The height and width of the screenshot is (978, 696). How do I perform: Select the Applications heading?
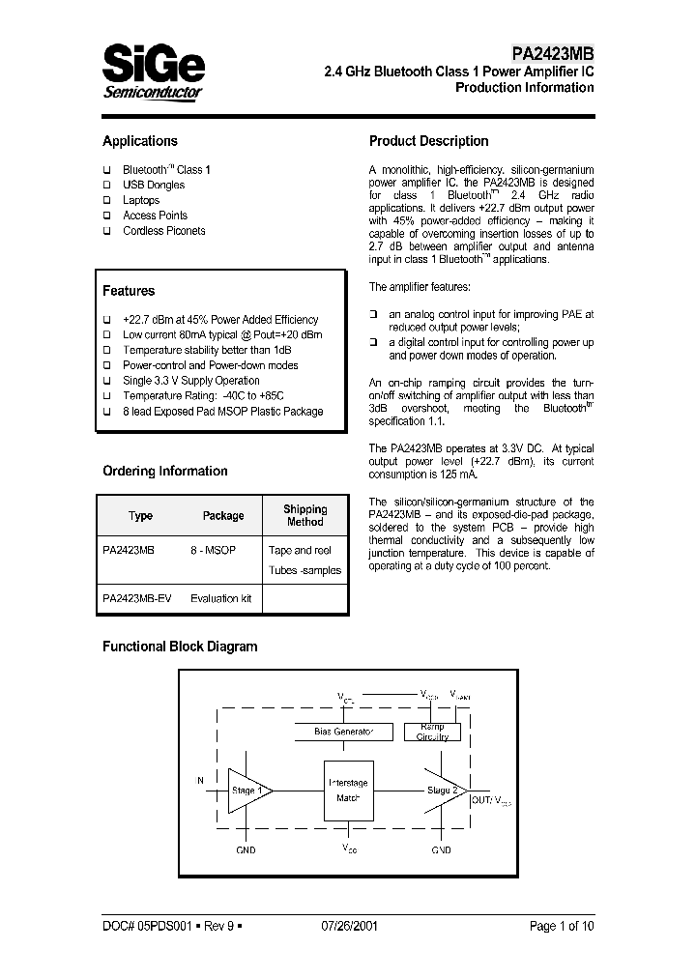pyautogui.click(x=140, y=141)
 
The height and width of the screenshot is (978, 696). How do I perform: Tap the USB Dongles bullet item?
pyautogui.click(x=155, y=185)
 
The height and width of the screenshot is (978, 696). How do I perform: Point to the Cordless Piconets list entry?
pyautogui.click(x=163, y=231)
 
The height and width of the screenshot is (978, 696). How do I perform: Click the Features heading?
pyautogui.click(x=129, y=291)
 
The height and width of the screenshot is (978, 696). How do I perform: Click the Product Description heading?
pyautogui.click(x=429, y=141)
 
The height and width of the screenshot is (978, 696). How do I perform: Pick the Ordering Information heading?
pyautogui.click(x=165, y=472)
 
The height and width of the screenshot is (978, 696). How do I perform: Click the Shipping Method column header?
pyautogui.click(x=304, y=515)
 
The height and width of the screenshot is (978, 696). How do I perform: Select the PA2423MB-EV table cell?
pyautogui.click(x=137, y=599)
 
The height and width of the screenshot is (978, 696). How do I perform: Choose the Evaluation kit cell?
pyautogui.click(x=220, y=599)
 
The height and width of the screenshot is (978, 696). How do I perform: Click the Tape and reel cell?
pyautogui.click(x=300, y=550)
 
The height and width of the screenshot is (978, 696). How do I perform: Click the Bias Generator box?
pyautogui.click(x=343, y=732)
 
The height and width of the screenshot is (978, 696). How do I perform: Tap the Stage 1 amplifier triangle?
pyautogui.click(x=246, y=791)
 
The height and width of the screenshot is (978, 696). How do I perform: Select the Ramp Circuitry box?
pyautogui.click(x=432, y=732)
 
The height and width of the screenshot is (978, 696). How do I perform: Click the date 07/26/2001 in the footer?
pyautogui.click(x=349, y=925)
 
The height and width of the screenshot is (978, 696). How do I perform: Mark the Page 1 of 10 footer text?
pyautogui.click(x=562, y=925)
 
